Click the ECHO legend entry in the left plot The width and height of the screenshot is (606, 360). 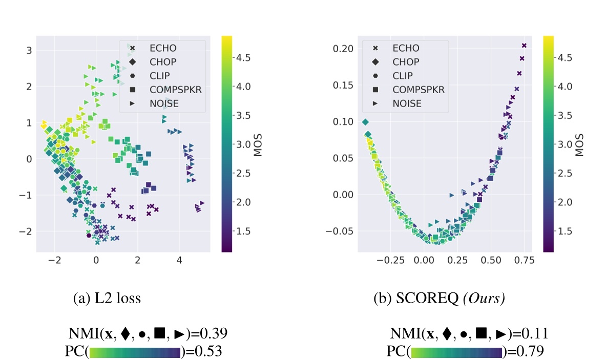point(162,48)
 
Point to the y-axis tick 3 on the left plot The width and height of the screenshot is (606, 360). point(29,50)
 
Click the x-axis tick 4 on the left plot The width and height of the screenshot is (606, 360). point(179,260)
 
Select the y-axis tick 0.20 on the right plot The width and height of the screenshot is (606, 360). point(343,49)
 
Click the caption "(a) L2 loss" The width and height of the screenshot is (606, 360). point(108,300)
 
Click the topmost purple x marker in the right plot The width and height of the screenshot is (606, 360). point(524,46)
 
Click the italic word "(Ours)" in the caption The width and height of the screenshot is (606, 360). point(484,300)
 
